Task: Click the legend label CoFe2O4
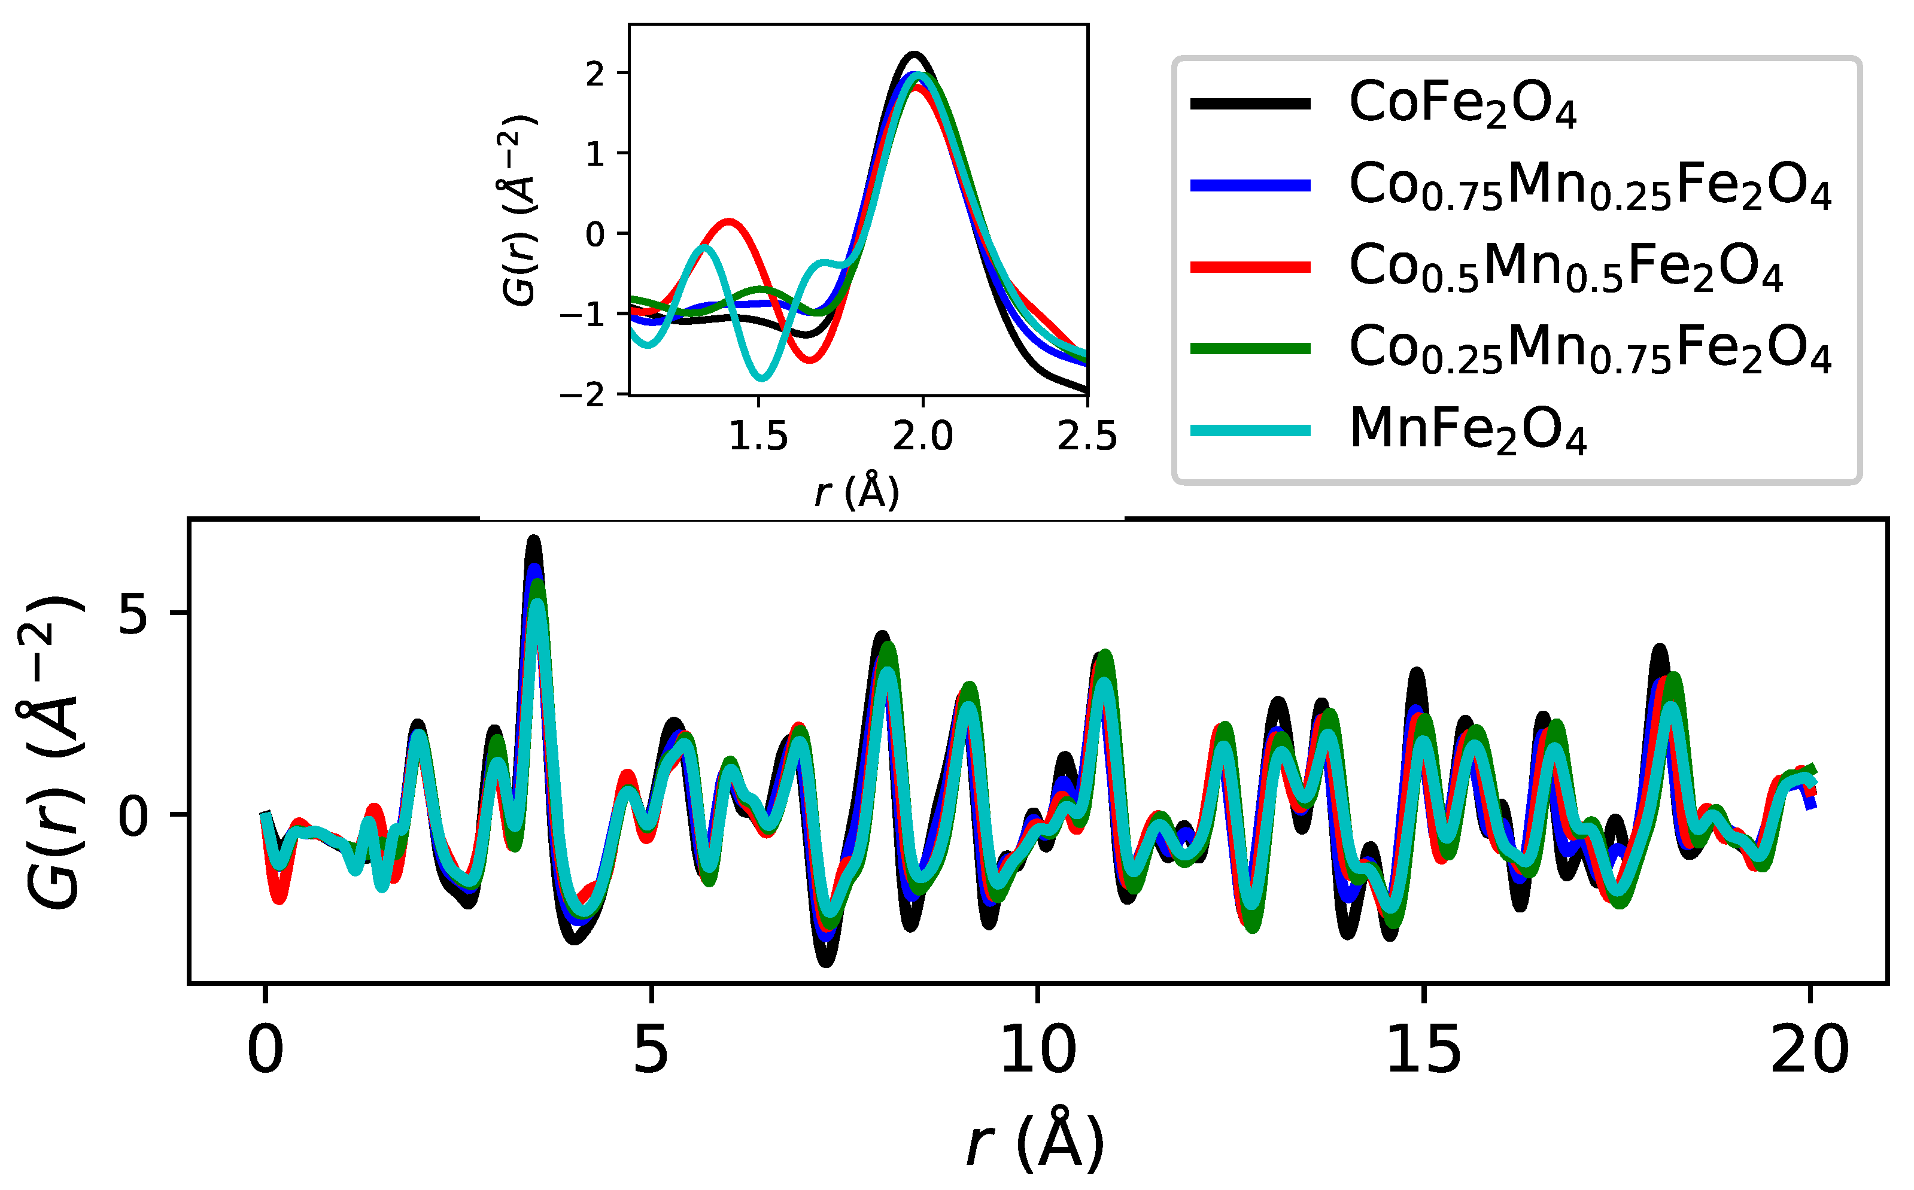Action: pyautogui.click(x=1462, y=105)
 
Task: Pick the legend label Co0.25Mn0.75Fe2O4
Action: pyautogui.click(x=1590, y=349)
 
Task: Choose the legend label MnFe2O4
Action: pyautogui.click(x=1467, y=431)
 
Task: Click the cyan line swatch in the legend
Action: pyautogui.click(x=1250, y=431)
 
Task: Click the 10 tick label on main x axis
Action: pyautogui.click(x=1037, y=1051)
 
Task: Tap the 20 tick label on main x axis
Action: pyautogui.click(x=1809, y=1051)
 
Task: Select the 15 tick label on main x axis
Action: pyautogui.click(x=1423, y=1051)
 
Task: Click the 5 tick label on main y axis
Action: pyautogui.click(x=132, y=613)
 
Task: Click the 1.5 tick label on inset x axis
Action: pyautogui.click(x=758, y=437)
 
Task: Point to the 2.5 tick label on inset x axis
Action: pyautogui.click(x=1086, y=437)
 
